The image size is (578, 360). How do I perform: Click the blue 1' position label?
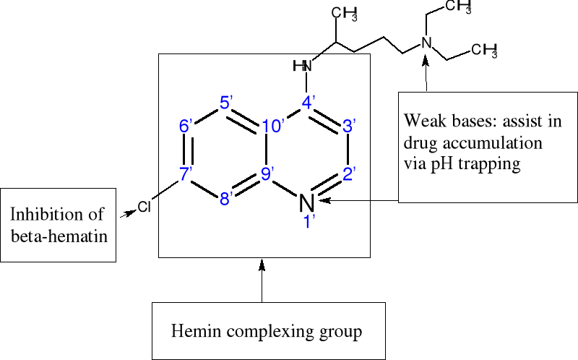[309, 222]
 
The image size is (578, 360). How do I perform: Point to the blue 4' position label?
[309, 102]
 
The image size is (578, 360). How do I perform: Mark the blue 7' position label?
[187, 173]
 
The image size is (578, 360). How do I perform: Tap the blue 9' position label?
[269, 174]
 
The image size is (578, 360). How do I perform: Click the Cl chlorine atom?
[144, 208]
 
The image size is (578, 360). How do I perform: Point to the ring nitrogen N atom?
[307, 203]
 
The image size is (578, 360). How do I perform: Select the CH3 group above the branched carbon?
[345, 13]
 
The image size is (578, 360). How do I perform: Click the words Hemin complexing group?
[266, 332]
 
